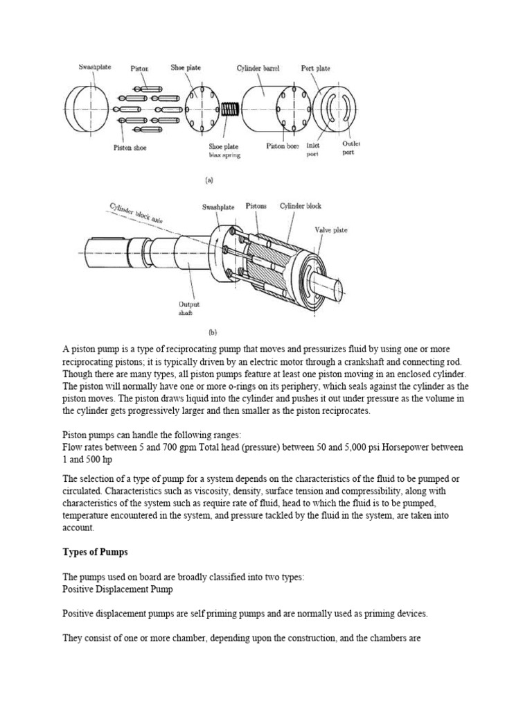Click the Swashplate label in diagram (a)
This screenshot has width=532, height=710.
point(94,67)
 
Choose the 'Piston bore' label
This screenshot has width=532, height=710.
point(283,146)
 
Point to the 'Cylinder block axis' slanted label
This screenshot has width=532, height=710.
point(138,215)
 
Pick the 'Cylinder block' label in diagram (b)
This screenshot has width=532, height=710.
point(300,207)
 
